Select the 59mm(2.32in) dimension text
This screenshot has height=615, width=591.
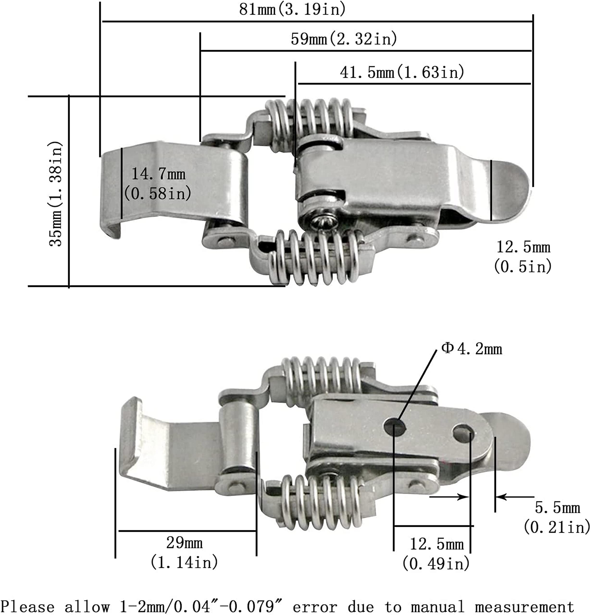click(x=344, y=39)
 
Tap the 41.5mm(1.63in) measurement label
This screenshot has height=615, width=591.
click(x=402, y=72)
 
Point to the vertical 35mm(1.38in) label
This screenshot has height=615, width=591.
click(x=56, y=194)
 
